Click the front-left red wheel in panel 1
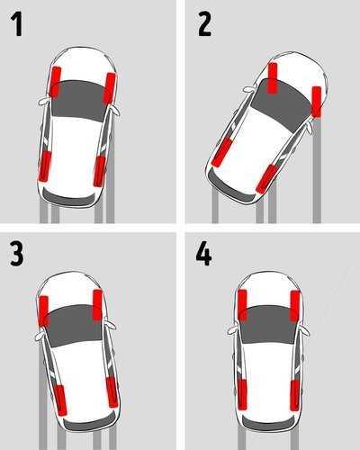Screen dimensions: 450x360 click(x=55, y=82)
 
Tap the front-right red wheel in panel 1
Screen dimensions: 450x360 click(x=110, y=87)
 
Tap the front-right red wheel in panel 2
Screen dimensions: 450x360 click(x=317, y=101)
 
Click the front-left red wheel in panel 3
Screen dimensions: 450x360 click(x=43, y=310)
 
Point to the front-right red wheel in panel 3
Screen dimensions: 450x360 click(x=97, y=306)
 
